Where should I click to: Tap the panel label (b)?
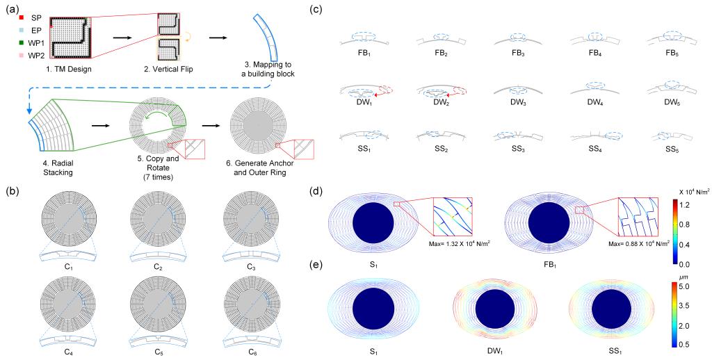[9, 188]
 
